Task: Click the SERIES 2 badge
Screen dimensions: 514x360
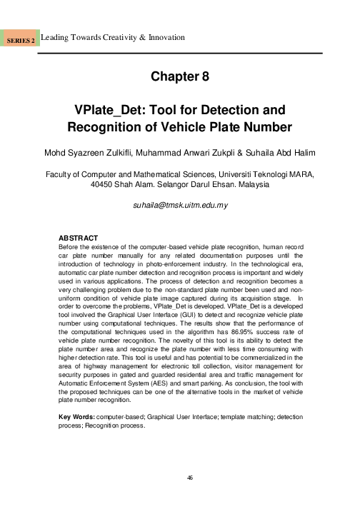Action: pos(21,41)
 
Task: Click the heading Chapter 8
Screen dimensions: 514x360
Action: pos(179,77)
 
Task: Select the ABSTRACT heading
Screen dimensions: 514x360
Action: pos(76,238)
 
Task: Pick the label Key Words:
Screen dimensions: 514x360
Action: pos(77,415)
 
